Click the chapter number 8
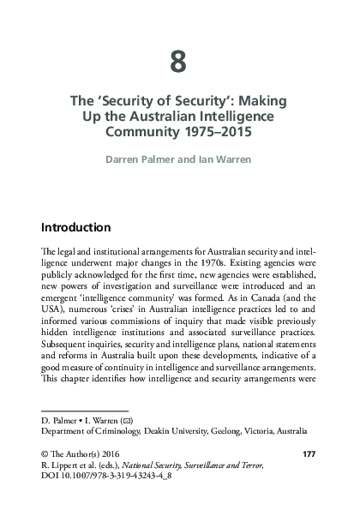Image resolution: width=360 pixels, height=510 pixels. (178, 62)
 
